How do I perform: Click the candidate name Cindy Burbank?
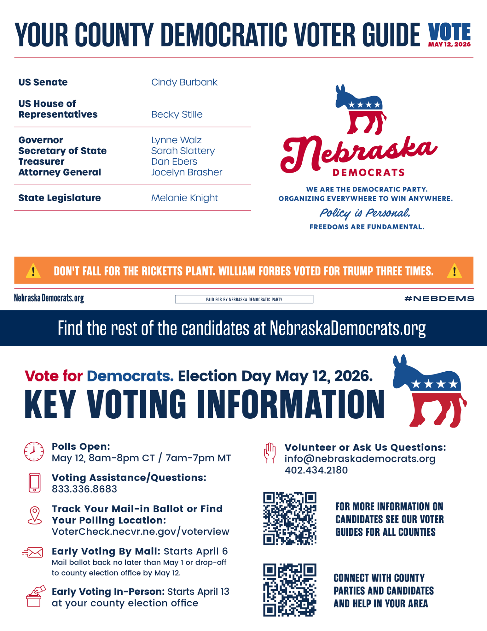pos(184,82)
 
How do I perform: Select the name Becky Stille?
pos(177,115)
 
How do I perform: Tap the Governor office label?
pos(41,140)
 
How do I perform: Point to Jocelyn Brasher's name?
pos(187,172)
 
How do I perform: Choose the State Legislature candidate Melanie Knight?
pos(184,198)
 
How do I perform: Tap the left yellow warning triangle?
pos(33,271)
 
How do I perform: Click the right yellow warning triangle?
pos(454,271)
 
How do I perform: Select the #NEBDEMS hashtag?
pos(439,298)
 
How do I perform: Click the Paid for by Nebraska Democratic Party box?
pos(244,299)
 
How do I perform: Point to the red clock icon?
pos(34,451)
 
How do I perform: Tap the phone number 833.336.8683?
pos(84,489)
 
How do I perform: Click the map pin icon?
pos(35,515)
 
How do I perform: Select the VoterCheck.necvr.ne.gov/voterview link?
pos(141,532)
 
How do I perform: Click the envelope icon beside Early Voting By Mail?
pos(33,552)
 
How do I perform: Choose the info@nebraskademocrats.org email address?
pos(360,459)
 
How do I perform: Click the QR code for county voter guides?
pos(290,518)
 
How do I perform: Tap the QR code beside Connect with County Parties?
pos(290,590)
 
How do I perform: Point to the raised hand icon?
pos(270,453)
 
